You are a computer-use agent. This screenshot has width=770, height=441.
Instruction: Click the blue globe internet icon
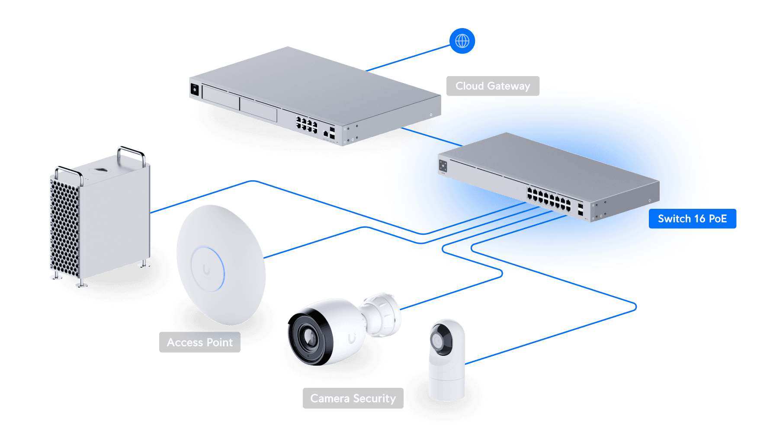pyautogui.click(x=462, y=41)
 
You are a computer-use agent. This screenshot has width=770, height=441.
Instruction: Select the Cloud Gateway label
pyautogui.click(x=493, y=86)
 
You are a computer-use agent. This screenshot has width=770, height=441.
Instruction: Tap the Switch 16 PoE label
pyautogui.click(x=692, y=219)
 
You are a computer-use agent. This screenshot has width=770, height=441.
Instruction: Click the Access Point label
pyautogui.click(x=200, y=342)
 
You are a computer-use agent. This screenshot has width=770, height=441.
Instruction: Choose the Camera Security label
pyautogui.click(x=353, y=398)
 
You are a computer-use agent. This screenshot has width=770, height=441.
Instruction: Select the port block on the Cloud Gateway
pyautogui.click(x=307, y=124)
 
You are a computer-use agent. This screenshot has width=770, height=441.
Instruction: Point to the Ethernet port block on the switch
pyautogui.click(x=549, y=199)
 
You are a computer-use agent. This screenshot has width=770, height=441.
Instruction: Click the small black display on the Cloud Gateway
pyautogui.click(x=195, y=89)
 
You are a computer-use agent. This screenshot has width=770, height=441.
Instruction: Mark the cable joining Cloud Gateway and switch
pyautogui.click(x=432, y=137)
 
